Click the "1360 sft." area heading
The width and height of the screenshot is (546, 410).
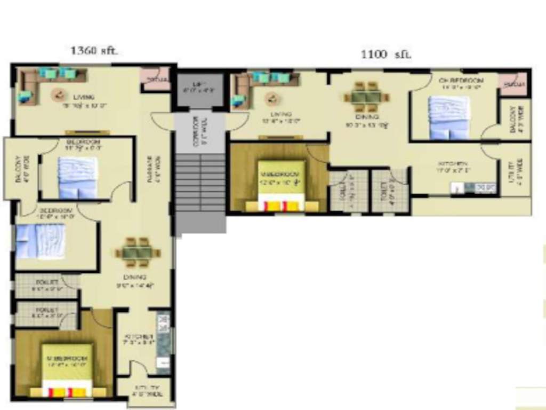pos(94,51)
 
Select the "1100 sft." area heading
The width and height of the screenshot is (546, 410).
pos(386,54)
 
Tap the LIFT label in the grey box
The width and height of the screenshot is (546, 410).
pos(200,87)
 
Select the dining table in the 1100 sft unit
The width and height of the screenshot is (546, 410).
pos(366,97)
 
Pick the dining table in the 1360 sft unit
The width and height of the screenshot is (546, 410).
pos(138,252)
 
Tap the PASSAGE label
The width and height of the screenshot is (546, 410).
pos(151,170)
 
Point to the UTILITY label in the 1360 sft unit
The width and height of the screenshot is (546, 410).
pos(146,389)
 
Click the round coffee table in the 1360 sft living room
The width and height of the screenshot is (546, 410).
pos(57,96)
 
